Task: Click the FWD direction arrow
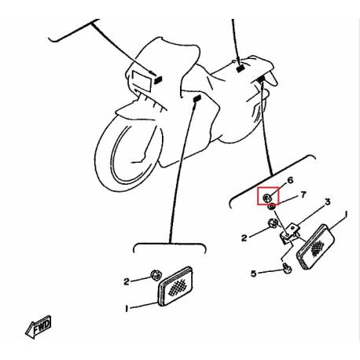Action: [x=39, y=327]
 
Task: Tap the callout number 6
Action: [x=290, y=181]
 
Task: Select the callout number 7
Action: [x=303, y=195]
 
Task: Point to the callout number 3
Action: [x=328, y=202]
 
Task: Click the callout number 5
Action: [x=253, y=274]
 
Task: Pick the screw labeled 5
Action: [x=287, y=268]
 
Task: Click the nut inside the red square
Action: [x=267, y=197]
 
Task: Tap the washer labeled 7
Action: [x=271, y=207]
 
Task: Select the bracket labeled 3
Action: [x=290, y=233]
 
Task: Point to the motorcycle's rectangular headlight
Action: [x=141, y=81]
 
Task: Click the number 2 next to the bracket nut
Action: [x=244, y=238]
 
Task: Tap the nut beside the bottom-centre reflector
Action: [x=156, y=275]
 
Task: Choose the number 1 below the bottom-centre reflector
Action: [x=127, y=309]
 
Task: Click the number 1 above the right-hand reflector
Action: [x=346, y=215]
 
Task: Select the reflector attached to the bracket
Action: [x=316, y=246]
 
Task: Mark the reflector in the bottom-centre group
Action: [x=175, y=286]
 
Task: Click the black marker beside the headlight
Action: [x=158, y=80]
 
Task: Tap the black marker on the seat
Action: [x=241, y=68]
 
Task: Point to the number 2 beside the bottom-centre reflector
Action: [x=127, y=282]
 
